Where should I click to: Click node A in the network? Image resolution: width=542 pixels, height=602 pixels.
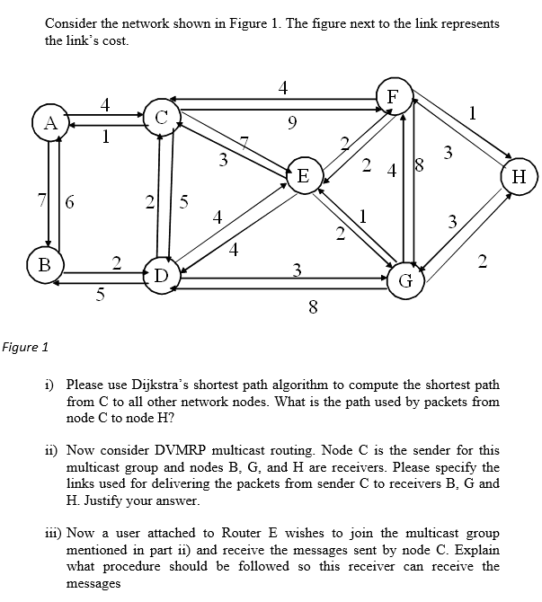[x=50, y=123]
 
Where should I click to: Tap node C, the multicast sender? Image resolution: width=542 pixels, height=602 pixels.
[x=162, y=118]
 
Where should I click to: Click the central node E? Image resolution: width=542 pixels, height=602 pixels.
[x=303, y=176]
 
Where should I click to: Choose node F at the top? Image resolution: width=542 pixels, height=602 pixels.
[x=393, y=96]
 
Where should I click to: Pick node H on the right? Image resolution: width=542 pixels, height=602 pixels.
[x=519, y=176]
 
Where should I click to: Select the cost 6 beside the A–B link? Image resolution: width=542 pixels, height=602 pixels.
[x=68, y=203]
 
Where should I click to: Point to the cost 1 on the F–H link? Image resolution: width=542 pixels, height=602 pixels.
[x=473, y=112]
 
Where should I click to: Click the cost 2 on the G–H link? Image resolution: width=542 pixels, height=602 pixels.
[x=483, y=261]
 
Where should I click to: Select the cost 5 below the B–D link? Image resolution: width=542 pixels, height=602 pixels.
[x=100, y=293]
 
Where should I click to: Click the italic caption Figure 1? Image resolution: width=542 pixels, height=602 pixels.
[x=24, y=347]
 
